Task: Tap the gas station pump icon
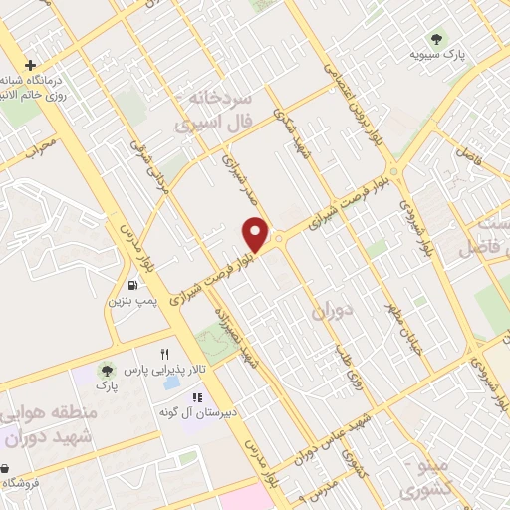[x=132, y=281]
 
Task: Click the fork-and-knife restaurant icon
[x=165, y=354]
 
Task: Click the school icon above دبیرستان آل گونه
[x=196, y=397]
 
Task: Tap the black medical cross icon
[x=31, y=65]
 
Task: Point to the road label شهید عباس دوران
[x=329, y=439]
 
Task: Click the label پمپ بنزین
[x=132, y=299]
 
